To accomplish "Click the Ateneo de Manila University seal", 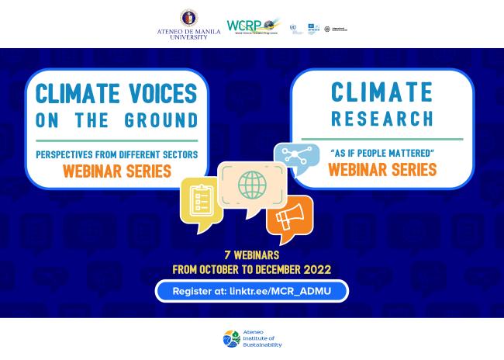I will [188, 18].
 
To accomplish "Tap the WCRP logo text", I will [243, 26].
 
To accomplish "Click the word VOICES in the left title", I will [157, 94].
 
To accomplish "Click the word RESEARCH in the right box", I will [381, 119].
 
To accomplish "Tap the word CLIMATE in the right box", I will [381, 92].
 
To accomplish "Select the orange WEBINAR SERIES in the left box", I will [116, 171].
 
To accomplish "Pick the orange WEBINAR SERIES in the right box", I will [381, 170].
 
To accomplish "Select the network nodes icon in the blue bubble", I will [295, 157].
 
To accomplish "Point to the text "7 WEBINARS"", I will [251, 254].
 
